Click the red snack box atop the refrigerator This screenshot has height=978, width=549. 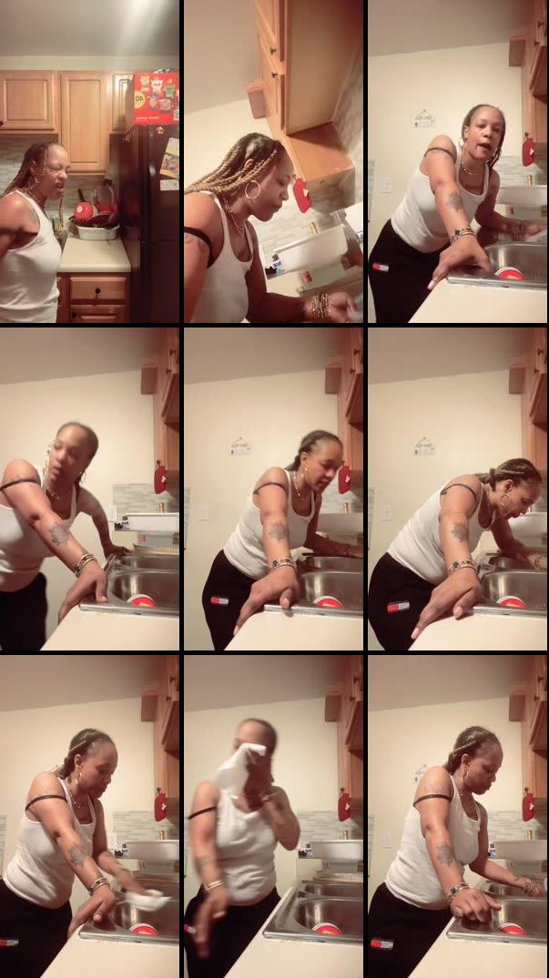[x=156, y=97]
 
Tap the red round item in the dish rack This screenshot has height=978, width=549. [x=84, y=211]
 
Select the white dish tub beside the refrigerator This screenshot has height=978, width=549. [x=97, y=231]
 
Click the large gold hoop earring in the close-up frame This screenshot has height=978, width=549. [x=252, y=190]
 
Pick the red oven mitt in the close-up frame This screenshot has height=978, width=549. [x=300, y=195]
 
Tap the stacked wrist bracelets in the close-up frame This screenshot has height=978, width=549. [x=320, y=306]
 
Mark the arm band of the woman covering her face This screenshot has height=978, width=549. [x=202, y=812]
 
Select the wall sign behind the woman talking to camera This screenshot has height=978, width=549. [x=424, y=117]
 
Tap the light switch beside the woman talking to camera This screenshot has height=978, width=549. [x=386, y=184]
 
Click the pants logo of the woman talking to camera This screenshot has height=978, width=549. [x=380, y=267]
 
